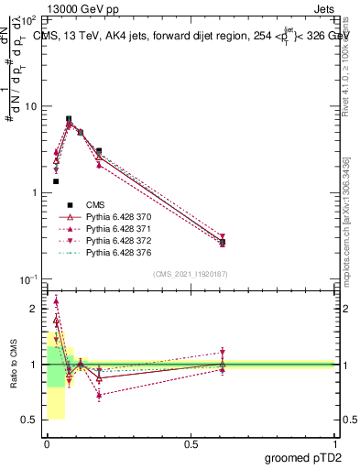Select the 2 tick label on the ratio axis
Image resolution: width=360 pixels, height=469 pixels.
click(35, 309)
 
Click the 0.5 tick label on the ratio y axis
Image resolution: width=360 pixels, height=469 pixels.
click(30, 420)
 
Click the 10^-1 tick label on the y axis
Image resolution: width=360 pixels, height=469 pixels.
click(27, 278)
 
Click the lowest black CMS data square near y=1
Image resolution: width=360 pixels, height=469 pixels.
click(56, 181)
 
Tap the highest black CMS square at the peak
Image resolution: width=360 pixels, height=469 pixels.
click(69, 119)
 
